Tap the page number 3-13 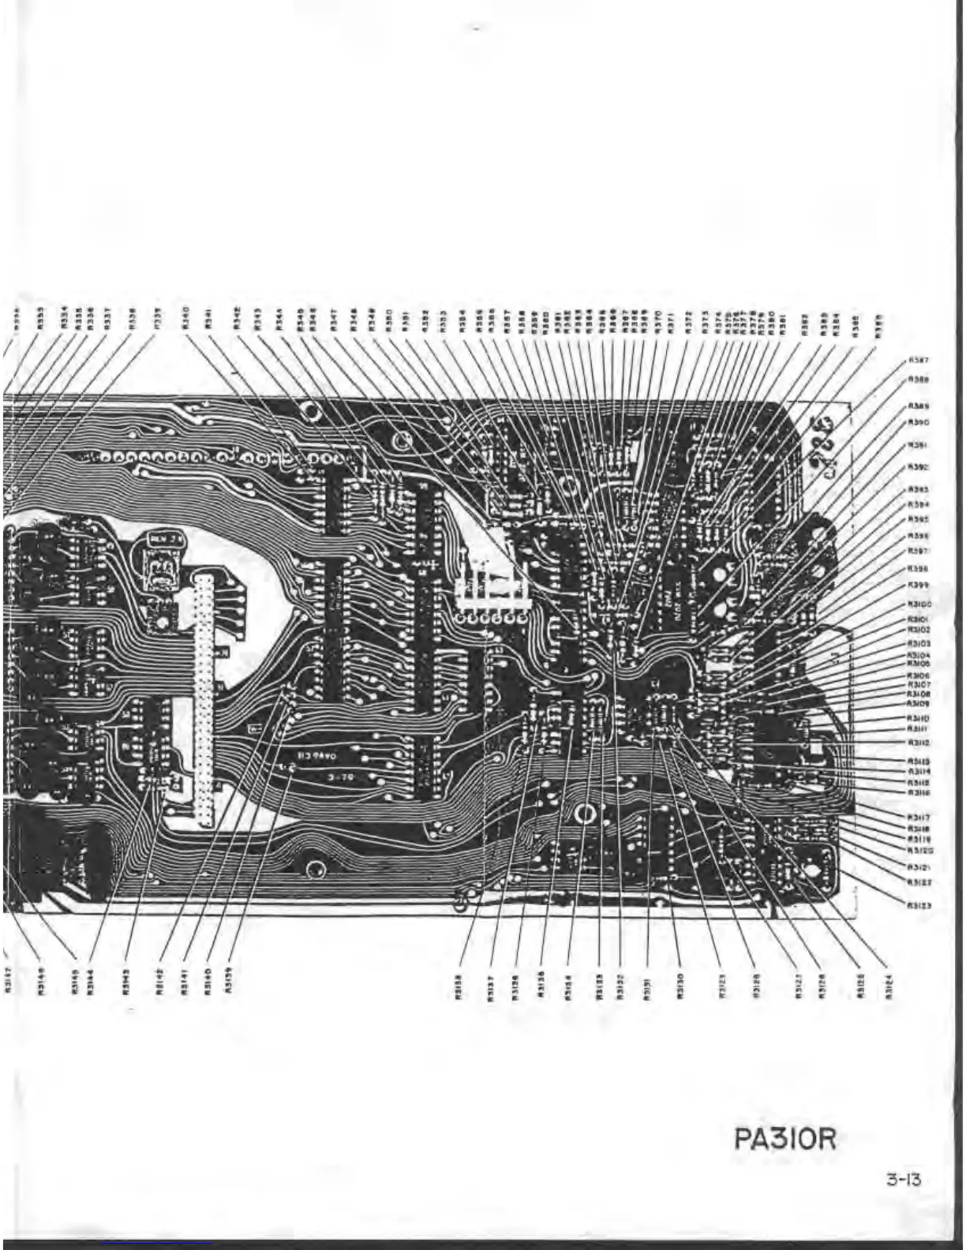click(903, 1181)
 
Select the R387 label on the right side click(918, 361)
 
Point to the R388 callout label click(918, 379)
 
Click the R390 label click(918, 422)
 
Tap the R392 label click(918, 467)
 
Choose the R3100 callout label click(919, 604)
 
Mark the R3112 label click(918, 743)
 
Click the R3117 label click(918, 818)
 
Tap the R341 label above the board click(208, 320)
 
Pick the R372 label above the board click(688, 321)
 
